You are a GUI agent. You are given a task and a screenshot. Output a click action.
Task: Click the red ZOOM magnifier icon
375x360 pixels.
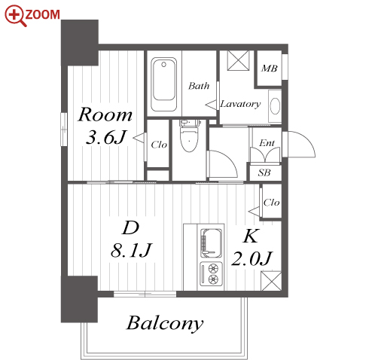[x=16, y=16]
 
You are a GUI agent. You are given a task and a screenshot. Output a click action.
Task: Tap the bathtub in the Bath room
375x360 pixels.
[x=164, y=84]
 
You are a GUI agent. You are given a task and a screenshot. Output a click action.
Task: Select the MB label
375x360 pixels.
[x=269, y=69]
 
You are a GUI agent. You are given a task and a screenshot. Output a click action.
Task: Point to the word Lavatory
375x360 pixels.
[x=240, y=104]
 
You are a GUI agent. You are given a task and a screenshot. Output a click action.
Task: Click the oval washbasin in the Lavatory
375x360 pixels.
[x=276, y=106]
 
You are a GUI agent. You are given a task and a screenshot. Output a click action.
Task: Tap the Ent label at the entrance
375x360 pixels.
[x=267, y=143]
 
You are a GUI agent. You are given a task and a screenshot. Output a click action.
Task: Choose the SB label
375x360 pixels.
[x=264, y=172]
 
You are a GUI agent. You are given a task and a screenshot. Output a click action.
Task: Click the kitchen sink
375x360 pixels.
[x=211, y=243]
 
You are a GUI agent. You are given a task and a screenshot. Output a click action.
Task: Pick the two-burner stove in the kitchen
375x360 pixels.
[x=211, y=274]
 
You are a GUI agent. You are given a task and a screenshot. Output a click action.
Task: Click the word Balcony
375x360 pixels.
[x=165, y=323]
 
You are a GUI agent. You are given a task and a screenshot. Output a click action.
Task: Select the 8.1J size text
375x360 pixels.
[x=131, y=250]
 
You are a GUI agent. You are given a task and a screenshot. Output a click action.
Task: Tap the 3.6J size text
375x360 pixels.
[x=105, y=137]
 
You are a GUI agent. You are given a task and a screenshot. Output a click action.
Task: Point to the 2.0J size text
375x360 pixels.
[x=252, y=258]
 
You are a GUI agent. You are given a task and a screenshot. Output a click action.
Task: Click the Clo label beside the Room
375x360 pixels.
[x=159, y=145]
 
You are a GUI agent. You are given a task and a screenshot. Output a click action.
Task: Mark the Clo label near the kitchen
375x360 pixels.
[x=271, y=203]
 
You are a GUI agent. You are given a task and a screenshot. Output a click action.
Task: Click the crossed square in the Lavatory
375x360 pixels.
[x=238, y=60]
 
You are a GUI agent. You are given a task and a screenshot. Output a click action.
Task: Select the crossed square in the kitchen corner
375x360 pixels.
[x=271, y=281]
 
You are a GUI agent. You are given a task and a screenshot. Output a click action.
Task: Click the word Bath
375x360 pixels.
[x=199, y=86]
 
